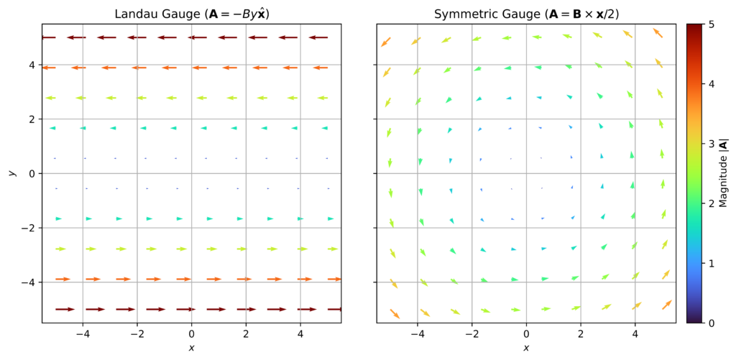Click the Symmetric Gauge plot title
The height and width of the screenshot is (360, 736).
click(x=526, y=14)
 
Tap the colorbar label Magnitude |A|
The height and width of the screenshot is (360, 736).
click(x=724, y=173)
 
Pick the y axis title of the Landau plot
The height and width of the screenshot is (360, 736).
click(x=11, y=173)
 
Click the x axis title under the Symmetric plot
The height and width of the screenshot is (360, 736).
click(x=526, y=349)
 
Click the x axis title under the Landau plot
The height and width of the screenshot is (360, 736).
click(x=191, y=349)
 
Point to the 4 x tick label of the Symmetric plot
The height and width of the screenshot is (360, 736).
click(x=635, y=334)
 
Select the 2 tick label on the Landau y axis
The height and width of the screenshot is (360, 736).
click(x=29, y=119)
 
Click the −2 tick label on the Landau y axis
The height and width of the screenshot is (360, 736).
click(x=27, y=228)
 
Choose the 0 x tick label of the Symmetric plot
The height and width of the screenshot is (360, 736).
click(x=526, y=334)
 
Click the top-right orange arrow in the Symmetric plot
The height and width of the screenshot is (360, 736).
click(x=657, y=33)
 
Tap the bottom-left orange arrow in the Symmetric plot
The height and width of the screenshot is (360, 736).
click(x=395, y=313)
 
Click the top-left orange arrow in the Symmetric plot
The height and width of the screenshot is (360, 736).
click(x=386, y=42)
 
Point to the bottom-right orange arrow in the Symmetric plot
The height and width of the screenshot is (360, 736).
click(x=666, y=305)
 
